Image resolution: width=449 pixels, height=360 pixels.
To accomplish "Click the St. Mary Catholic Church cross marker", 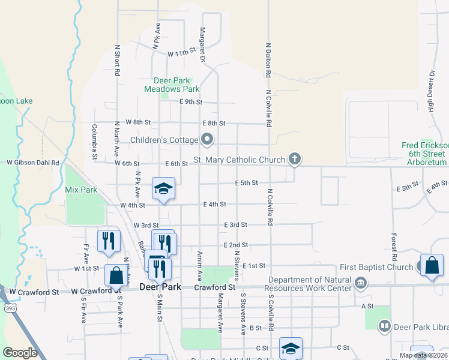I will click(294, 159).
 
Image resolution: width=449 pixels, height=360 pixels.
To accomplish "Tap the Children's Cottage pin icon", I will click(208, 140).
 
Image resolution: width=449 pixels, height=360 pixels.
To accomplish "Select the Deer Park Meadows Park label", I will click(172, 85).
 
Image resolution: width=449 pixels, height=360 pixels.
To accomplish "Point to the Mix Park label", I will click(81, 190).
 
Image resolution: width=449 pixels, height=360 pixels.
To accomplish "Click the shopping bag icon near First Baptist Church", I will click(432, 265).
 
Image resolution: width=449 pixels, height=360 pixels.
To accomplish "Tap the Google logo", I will click(20, 353).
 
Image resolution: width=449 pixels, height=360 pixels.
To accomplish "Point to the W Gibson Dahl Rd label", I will click(33, 163).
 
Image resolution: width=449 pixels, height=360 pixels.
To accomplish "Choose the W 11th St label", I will click(182, 53).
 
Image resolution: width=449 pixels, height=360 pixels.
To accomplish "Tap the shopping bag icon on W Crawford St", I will click(116, 275).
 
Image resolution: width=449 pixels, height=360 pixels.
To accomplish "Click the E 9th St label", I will click(191, 102).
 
